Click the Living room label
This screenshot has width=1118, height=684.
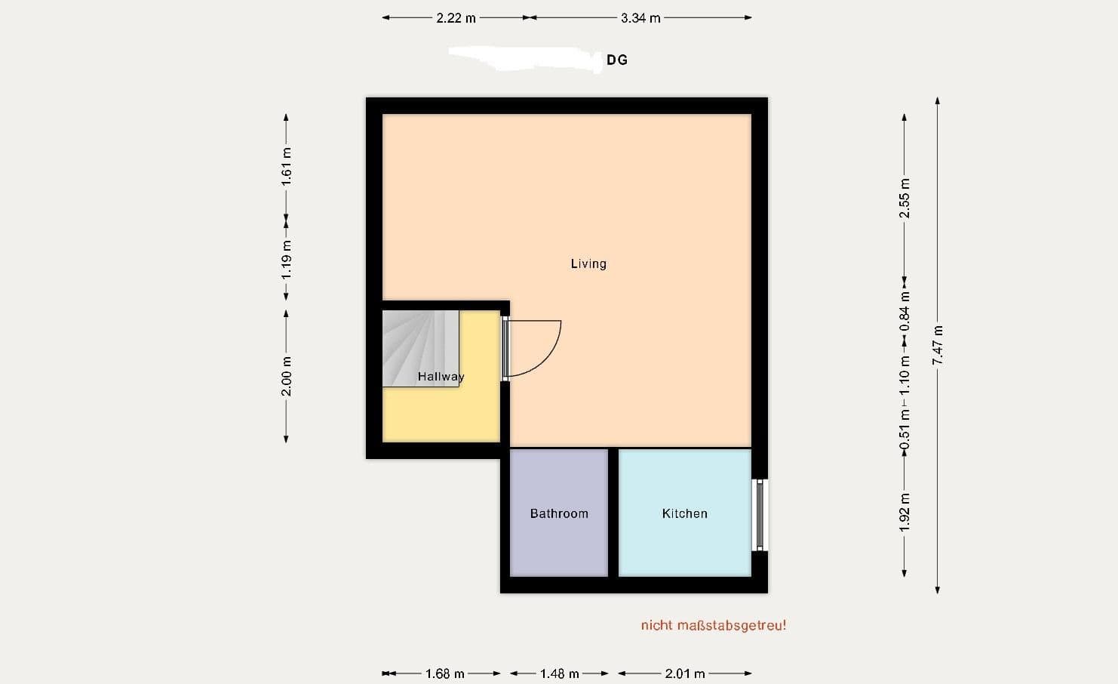588,263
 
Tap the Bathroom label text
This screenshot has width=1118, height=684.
559,513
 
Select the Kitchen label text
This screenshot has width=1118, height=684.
684,513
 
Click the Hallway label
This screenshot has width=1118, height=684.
441,376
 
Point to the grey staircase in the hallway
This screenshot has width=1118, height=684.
419,347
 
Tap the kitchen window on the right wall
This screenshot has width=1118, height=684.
760,516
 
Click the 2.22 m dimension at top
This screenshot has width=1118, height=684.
456,18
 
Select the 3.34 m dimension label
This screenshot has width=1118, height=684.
640,18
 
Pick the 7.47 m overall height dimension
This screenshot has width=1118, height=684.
938,345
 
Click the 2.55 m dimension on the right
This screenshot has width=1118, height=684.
905,199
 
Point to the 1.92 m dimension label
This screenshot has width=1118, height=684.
905,512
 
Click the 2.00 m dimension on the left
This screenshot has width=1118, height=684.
287,376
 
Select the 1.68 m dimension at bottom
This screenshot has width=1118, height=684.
445,673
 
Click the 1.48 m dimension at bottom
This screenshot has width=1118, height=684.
559,673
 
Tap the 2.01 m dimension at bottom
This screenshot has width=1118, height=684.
685,673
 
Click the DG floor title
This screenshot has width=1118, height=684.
617,60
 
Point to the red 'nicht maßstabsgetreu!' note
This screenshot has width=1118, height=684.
713,625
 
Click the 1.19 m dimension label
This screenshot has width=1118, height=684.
287,260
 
